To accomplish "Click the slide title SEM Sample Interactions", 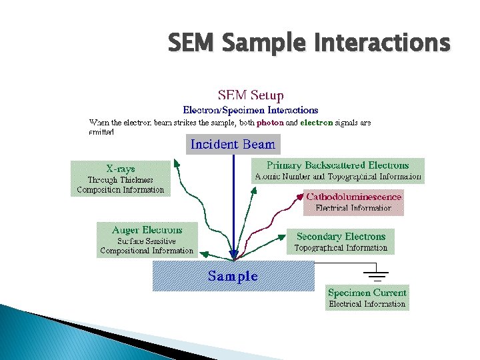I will (309, 44).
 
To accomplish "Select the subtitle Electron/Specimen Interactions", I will (251, 110).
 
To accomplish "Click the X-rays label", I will (120, 169).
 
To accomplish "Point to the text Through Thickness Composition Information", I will (120, 185).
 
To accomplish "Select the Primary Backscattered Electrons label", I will (337, 165).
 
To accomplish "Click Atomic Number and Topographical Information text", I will (337, 177).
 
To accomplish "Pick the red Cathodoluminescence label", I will (353, 197).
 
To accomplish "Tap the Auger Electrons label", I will (147, 230).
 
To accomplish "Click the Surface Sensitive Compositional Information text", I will (147, 246).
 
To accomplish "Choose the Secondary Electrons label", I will (341, 236).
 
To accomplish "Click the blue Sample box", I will (233, 276).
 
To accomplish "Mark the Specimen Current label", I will (367, 293).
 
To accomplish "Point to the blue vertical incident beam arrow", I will (233, 207).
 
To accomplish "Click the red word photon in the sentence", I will (271, 123).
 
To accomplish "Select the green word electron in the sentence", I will (316, 123).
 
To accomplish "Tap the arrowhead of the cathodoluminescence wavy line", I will (297, 197).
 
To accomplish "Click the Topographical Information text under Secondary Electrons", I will (341, 248).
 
